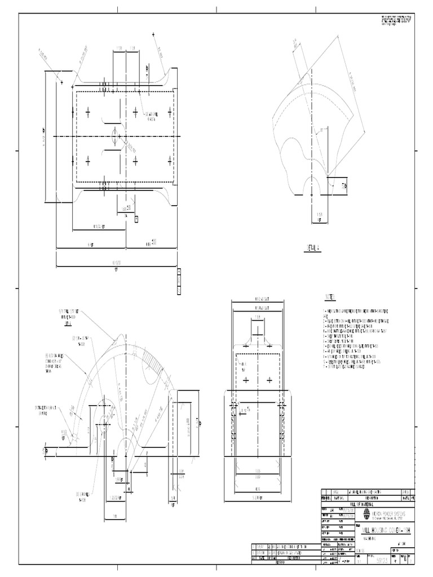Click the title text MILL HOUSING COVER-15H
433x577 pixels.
pyautogui.click(x=386, y=531)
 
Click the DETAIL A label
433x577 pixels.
pyautogui.click(x=313, y=247)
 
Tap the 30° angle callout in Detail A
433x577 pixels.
pyautogui.click(x=322, y=130)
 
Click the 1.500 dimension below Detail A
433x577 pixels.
pyautogui.click(x=320, y=215)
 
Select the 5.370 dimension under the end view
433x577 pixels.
pyautogui.click(x=257, y=498)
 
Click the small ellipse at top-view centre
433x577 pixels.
pyautogui.click(x=114, y=136)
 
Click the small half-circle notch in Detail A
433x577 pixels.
pyautogui.click(x=310, y=184)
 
